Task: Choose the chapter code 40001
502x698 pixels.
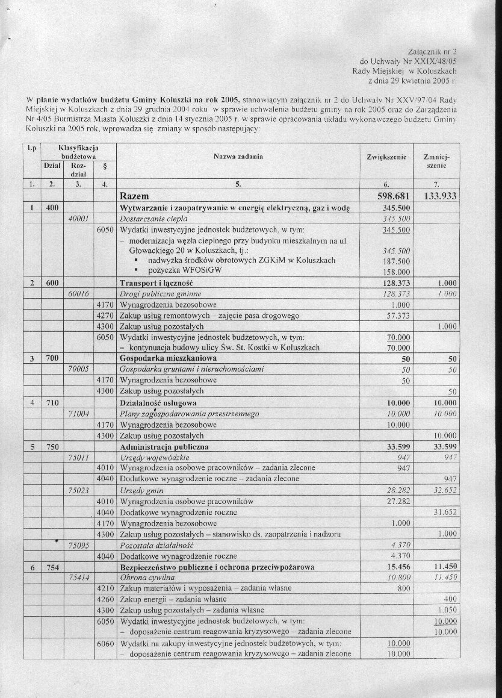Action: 79,219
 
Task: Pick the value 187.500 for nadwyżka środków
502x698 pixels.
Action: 396,261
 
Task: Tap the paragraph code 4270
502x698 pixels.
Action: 105,315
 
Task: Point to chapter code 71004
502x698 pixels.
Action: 79,414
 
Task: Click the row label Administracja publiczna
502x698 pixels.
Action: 164,447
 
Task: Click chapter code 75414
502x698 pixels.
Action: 79,577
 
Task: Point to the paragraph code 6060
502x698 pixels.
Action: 105,643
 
